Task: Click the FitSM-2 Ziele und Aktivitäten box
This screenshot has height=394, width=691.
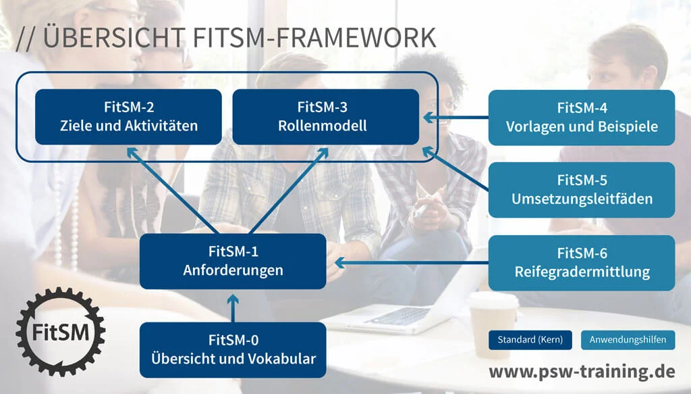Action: click(x=128, y=117)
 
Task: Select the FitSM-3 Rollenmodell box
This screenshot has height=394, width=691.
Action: click(x=326, y=117)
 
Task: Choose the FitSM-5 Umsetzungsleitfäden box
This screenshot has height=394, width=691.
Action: click(x=581, y=190)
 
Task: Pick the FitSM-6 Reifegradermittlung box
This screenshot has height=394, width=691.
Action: click(x=581, y=263)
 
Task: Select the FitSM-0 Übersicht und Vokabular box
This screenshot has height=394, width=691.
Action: click(x=233, y=349)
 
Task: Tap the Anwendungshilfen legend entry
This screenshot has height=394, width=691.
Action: click(x=628, y=340)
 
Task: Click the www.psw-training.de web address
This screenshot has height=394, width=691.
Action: click(x=582, y=372)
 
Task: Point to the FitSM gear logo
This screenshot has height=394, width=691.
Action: click(x=61, y=332)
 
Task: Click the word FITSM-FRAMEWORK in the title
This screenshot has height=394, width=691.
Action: click(x=314, y=38)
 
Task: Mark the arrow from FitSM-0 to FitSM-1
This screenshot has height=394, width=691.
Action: click(x=233, y=307)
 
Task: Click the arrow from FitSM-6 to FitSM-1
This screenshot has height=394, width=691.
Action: click(x=412, y=262)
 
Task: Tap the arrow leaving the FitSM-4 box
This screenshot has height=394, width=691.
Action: click(x=455, y=118)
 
